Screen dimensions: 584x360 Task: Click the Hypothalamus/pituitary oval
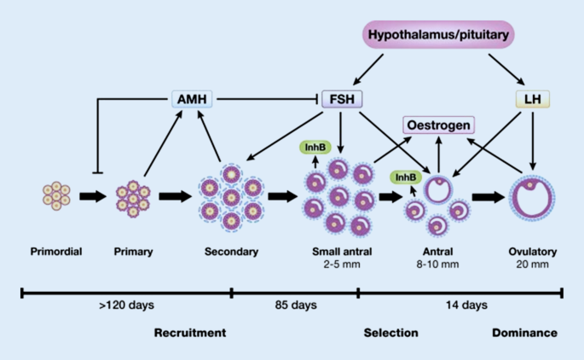438,35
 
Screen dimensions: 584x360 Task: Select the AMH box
192,99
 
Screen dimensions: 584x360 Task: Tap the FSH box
342,99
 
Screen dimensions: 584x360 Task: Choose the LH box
533,99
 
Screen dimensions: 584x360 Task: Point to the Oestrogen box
439,125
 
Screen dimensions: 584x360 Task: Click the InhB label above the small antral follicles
315,148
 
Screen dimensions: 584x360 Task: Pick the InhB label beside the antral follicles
406,177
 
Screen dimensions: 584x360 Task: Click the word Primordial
56,252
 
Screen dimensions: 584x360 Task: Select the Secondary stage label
231,252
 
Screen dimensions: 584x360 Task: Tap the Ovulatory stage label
533,252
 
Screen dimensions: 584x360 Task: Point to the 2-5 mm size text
342,264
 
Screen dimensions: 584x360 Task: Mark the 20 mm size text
533,264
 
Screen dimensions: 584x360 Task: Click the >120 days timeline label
127,305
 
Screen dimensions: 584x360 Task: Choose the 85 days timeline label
296,305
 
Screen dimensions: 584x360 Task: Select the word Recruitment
190,333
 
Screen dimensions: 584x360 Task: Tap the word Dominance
525,333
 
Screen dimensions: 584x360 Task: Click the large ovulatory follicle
512,198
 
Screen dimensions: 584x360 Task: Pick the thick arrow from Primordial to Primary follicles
93,196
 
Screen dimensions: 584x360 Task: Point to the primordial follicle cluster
56,196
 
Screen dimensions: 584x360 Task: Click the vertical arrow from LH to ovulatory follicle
533,141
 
